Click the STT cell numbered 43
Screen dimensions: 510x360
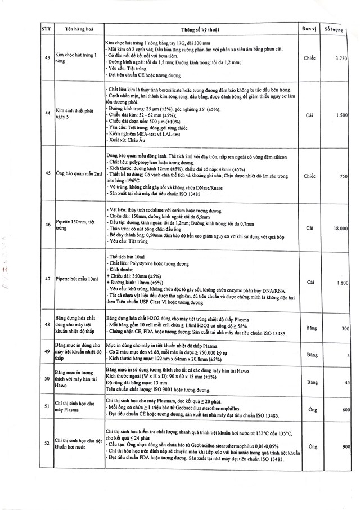[47, 58]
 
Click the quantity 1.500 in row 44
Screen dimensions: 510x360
[341, 115]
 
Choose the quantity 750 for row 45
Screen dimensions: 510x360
[343, 176]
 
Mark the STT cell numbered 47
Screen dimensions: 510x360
[47, 279]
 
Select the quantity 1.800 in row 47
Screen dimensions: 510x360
[340, 282]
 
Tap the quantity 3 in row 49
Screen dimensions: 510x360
[348, 355]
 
